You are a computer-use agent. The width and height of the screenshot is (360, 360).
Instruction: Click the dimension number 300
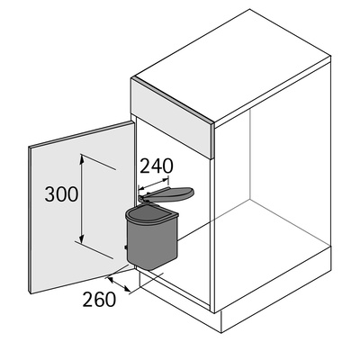[61, 194]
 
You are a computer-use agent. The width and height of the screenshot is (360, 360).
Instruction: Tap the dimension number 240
[157, 166]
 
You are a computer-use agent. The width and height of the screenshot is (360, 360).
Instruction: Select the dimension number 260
[99, 299]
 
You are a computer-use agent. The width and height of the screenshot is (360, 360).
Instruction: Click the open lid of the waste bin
[169, 193]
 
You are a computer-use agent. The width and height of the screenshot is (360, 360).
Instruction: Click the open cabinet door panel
[81, 207]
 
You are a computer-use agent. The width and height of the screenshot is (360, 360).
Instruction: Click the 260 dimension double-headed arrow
[119, 284]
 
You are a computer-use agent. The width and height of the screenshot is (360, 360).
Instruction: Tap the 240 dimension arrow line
[153, 184]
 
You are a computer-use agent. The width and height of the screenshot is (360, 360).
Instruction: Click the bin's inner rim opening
[151, 214]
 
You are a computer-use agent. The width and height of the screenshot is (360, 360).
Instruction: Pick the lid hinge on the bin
[141, 198]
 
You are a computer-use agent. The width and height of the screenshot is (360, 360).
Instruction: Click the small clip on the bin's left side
[126, 247]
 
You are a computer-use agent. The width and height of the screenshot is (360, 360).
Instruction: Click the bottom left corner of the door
[30, 293]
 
